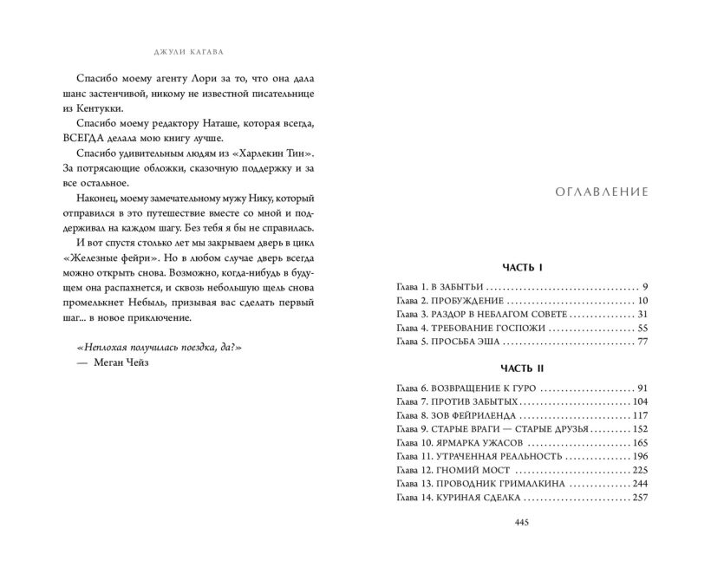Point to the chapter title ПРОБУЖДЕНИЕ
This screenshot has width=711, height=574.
481,300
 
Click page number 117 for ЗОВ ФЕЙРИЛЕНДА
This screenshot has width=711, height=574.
640,416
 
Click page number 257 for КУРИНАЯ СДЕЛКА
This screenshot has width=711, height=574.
640,499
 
